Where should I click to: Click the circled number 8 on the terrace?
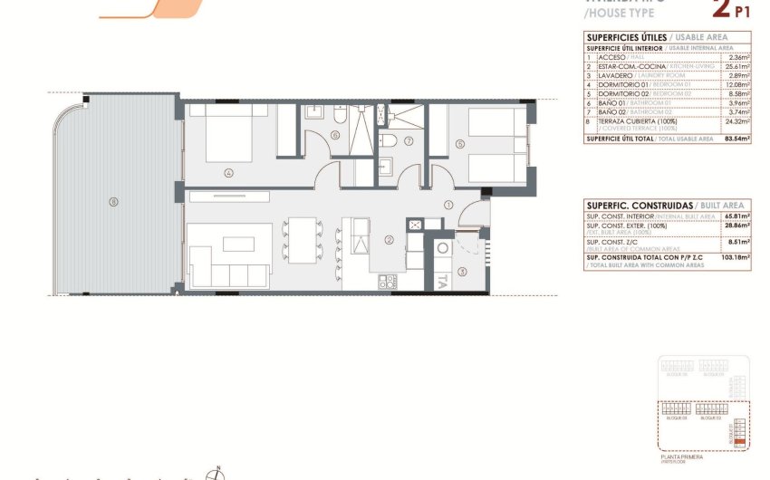pos(113,201)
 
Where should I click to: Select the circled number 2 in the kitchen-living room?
pos(388,240)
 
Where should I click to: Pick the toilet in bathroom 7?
pos(389,139)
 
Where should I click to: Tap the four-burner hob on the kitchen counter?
pos(388,282)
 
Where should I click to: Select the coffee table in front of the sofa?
pos(239,243)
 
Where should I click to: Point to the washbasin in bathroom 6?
pos(314,113)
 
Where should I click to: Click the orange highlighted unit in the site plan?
pos(739,442)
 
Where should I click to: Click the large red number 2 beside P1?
pos(722,9)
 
